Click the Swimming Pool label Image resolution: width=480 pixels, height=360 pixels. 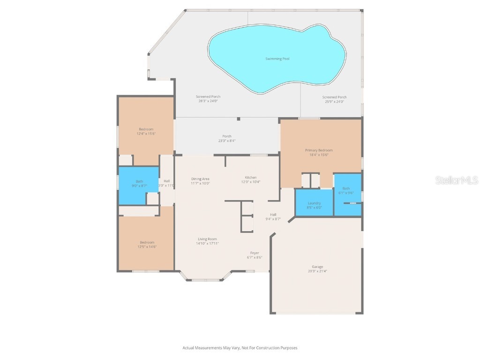point(277,59)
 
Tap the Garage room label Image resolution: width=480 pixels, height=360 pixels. point(317,267)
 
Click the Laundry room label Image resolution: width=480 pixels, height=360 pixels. point(314,203)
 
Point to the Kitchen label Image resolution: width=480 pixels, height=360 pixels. point(251,178)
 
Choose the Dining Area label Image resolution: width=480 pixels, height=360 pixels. point(200,179)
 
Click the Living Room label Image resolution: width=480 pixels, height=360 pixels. point(208,239)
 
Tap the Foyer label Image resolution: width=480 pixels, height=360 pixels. point(255,253)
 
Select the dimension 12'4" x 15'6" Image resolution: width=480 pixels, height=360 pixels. point(145,134)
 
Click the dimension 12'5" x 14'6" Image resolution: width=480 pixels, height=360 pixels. point(147,247)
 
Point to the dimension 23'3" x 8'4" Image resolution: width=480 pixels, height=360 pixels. point(227,141)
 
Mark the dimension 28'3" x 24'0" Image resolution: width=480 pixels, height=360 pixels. point(208,101)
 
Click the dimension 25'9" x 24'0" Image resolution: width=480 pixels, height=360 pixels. point(334,101)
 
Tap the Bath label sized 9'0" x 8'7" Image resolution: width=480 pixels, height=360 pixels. point(139,181)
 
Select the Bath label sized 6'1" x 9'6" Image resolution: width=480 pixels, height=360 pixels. point(346,188)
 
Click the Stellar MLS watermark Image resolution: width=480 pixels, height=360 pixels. point(457,180)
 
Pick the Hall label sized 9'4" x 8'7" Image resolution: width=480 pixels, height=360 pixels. point(273,215)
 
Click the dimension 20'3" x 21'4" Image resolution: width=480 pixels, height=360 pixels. point(317,271)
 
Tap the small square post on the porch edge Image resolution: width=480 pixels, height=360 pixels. point(239,119)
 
